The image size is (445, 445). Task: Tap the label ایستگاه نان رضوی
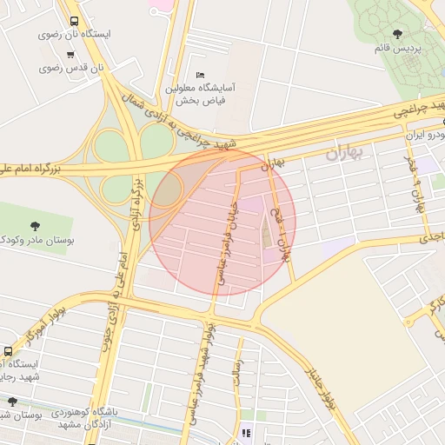[74, 35]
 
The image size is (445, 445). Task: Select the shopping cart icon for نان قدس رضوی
[70, 54]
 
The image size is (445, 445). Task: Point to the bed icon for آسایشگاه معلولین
[201, 75]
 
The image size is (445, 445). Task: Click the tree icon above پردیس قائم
[397, 34]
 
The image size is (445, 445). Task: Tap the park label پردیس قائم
[396, 48]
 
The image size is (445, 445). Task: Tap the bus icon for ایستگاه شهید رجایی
[8, 351]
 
